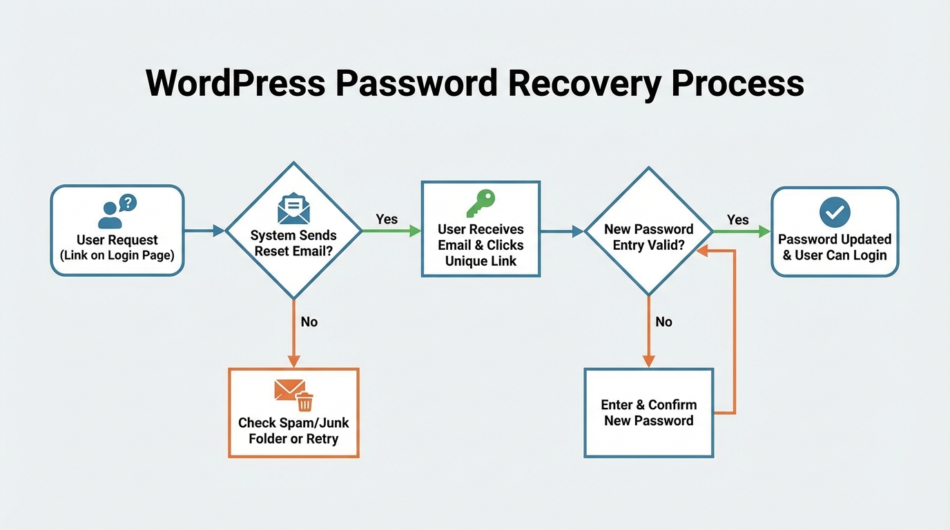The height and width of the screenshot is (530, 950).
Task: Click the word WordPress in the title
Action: (x=235, y=84)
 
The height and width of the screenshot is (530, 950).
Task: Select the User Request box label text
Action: (x=117, y=247)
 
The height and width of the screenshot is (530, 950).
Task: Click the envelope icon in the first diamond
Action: (x=293, y=207)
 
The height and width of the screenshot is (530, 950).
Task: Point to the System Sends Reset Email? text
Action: (x=293, y=243)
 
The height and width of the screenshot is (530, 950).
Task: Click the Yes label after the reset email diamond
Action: (x=387, y=219)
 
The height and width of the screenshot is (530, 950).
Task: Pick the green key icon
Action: (x=481, y=204)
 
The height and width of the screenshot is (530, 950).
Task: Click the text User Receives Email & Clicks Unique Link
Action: (x=481, y=245)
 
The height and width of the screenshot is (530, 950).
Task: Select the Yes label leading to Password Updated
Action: (x=737, y=219)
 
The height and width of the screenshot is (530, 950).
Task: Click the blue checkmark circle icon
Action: (x=835, y=212)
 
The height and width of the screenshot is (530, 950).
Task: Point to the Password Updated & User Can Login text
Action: (x=835, y=247)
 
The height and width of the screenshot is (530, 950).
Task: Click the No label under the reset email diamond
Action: (x=309, y=322)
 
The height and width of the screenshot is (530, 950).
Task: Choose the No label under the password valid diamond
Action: (x=663, y=322)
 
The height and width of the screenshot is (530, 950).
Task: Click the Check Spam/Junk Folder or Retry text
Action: (x=293, y=431)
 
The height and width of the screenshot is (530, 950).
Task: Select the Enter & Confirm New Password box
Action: (x=648, y=413)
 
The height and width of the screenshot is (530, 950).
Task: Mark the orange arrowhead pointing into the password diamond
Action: (x=702, y=251)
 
